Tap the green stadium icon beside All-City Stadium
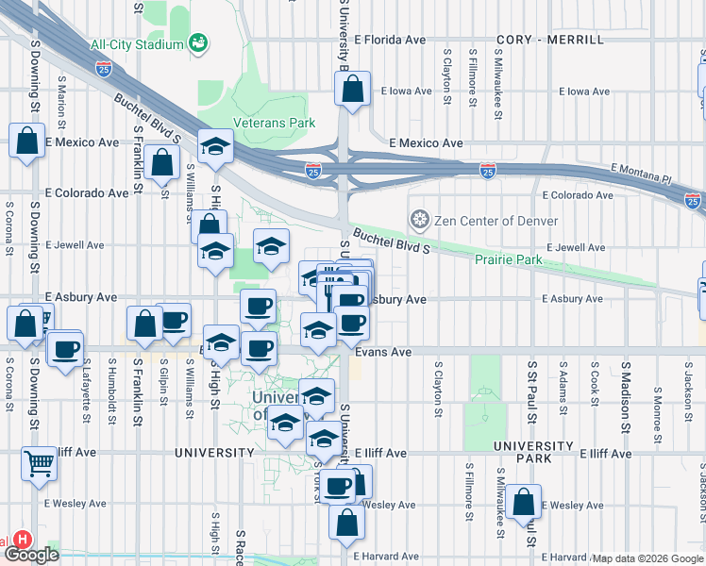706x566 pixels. coord(197,42)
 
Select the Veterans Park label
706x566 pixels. coord(288,123)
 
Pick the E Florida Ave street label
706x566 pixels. coord(391,41)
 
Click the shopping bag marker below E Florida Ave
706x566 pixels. coord(352,92)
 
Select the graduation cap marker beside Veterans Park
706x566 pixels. coord(216,147)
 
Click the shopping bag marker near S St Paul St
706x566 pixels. coord(522,504)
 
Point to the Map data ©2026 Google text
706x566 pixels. coord(646,558)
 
